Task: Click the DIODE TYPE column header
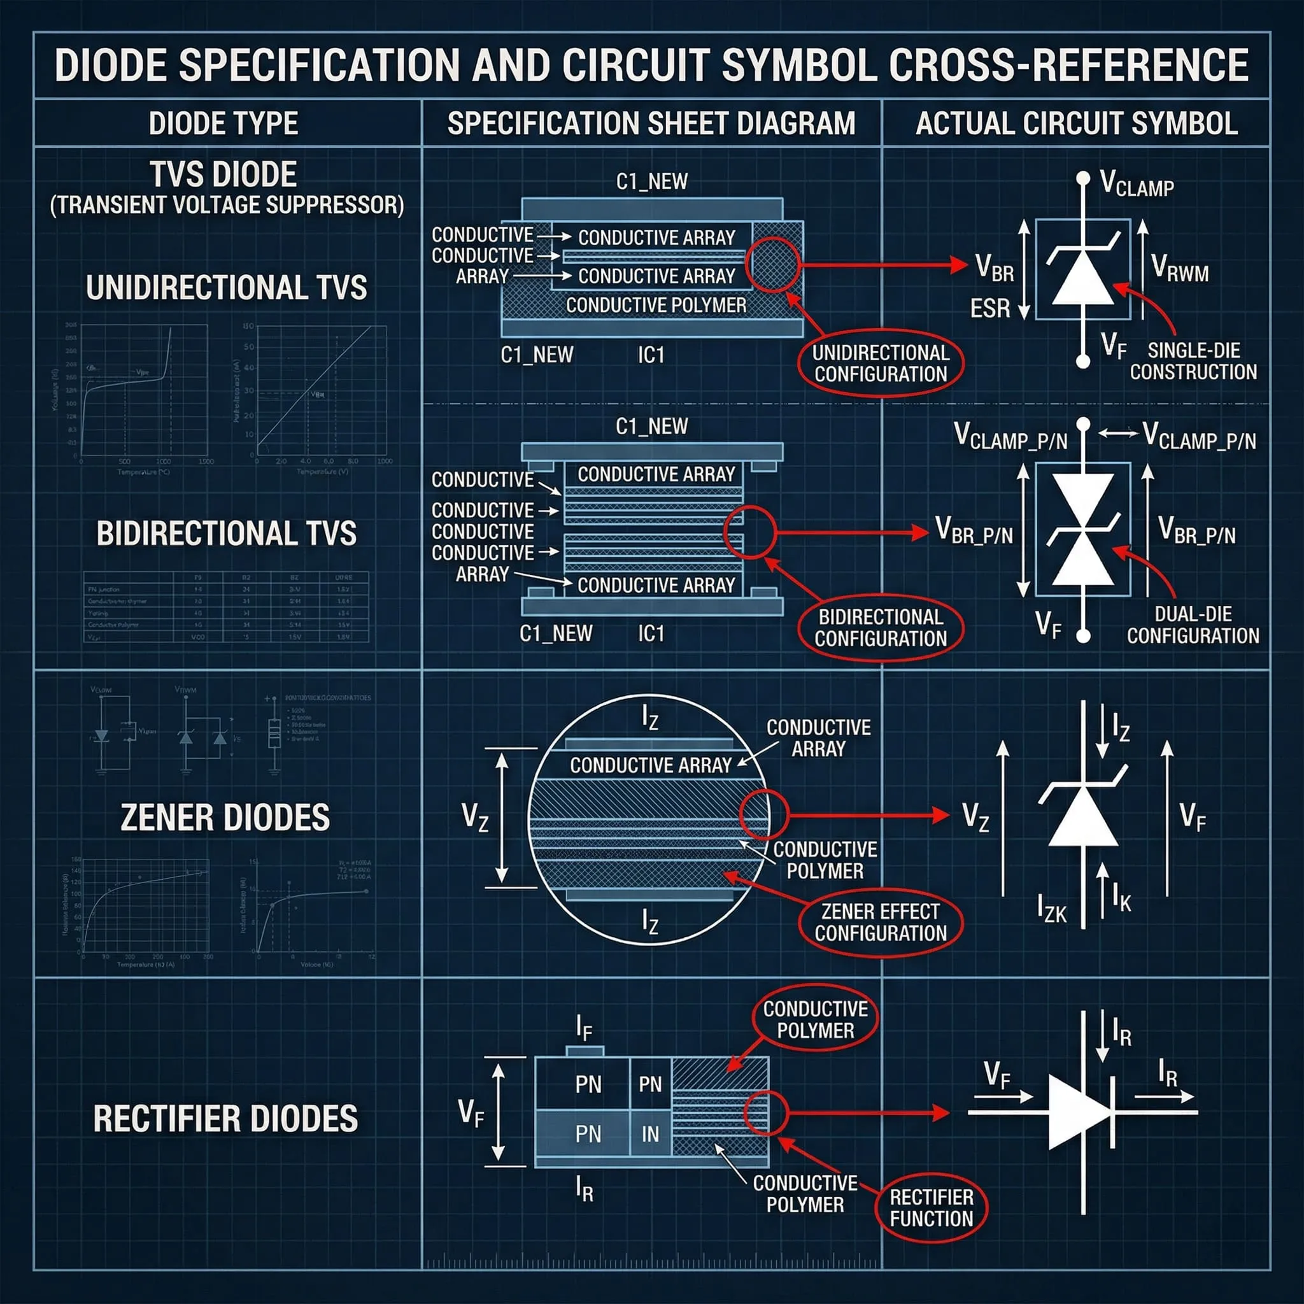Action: click(x=223, y=124)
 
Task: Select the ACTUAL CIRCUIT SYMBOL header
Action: click(x=1076, y=124)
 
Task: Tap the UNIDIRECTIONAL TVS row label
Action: click(x=227, y=288)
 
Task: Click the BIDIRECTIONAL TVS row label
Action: click(x=227, y=533)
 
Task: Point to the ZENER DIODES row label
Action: click(x=225, y=818)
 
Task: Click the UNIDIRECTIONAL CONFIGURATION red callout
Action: click(x=880, y=363)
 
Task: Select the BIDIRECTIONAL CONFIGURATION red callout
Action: click(x=880, y=627)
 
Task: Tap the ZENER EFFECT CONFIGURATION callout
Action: click(x=880, y=922)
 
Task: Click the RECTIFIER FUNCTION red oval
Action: click(x=932, y=1207)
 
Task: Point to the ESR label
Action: click(x=990, y=309)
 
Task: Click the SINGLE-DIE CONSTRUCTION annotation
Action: click(x=1193, y=361)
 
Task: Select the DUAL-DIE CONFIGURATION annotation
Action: click(x=1193, y=625)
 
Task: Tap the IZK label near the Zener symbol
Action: click(x=1052, y=909)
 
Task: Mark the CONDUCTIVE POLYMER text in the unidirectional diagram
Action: click(x=656, y=305)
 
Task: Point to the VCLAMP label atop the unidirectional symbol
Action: click(x=1137, y=183)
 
